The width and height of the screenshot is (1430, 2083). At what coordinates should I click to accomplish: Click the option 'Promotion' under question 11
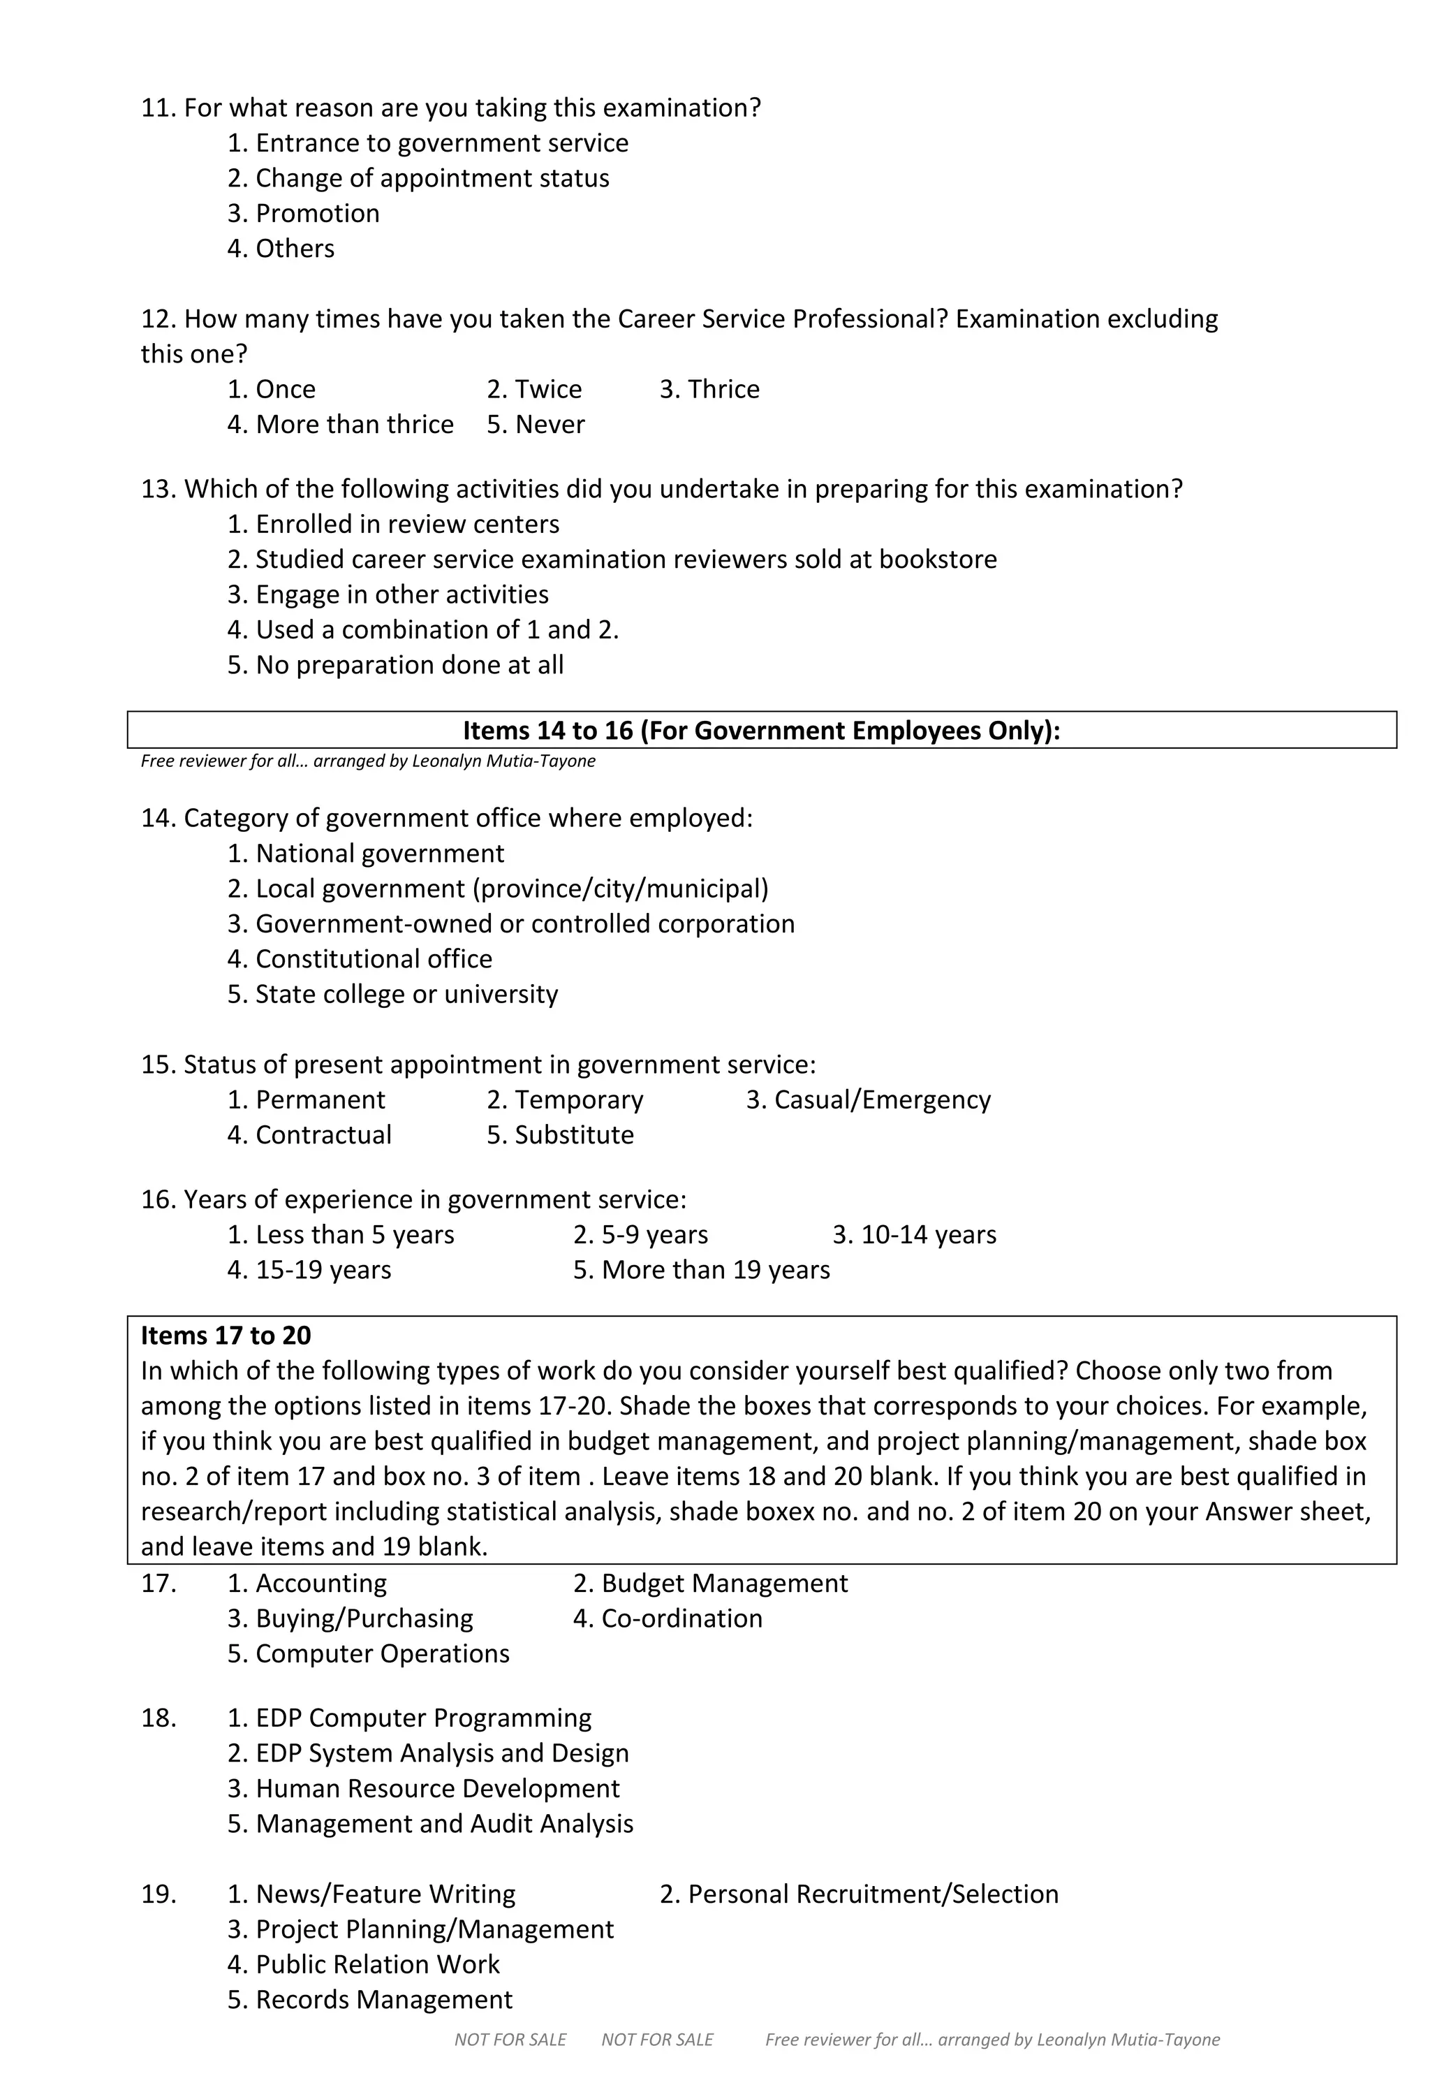304,213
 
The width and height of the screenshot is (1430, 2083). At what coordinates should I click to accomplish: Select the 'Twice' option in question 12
534,389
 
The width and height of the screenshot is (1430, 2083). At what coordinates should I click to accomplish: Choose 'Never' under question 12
536,424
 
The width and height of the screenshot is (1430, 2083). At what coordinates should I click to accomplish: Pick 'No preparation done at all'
395,665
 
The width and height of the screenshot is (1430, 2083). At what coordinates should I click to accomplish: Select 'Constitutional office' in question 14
360,959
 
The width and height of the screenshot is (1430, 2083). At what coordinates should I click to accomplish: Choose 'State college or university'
392,994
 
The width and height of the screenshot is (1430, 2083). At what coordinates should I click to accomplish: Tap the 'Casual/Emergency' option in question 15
868,1099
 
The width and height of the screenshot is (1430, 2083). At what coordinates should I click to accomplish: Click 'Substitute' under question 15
560,1134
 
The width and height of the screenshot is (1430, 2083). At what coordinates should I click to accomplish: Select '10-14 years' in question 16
914,1235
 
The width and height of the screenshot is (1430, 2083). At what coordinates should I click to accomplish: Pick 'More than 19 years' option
702,1270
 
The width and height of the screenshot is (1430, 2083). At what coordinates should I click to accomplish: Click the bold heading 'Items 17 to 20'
226,1336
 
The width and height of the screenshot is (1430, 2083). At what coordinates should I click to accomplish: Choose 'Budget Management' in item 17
711,1584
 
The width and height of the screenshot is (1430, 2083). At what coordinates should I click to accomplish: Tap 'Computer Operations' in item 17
368,1653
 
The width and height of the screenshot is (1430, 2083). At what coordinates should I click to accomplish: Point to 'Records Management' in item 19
370,2000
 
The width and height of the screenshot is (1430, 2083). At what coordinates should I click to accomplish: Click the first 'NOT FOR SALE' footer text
510,2040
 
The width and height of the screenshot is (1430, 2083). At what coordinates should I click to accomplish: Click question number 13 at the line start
159,490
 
